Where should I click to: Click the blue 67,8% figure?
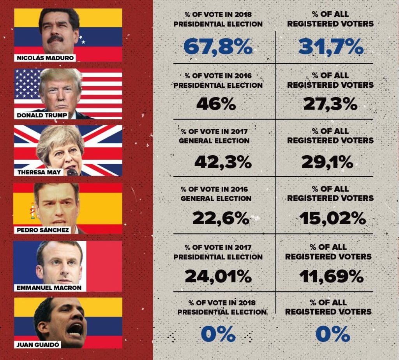(x=218, y=47)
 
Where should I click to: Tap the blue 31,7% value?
(x=331, y=47)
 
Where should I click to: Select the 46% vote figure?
(x=216, y=104)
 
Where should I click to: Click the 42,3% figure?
(x=222, y=162)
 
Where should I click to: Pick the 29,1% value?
(x=327, y=162)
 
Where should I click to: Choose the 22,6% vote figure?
(x=221, y=218)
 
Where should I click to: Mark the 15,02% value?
(x=333, y=218)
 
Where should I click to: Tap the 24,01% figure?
(x=218, y=276)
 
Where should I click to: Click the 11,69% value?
(x=331, y=276)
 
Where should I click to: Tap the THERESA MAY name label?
(x=39, y=172)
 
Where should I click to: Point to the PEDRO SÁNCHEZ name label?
(x=43, y=230)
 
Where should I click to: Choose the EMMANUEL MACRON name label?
(x=48, y=288)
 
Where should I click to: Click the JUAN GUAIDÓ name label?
(x=37, y=345)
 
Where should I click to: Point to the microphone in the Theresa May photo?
(x=72, y=172)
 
